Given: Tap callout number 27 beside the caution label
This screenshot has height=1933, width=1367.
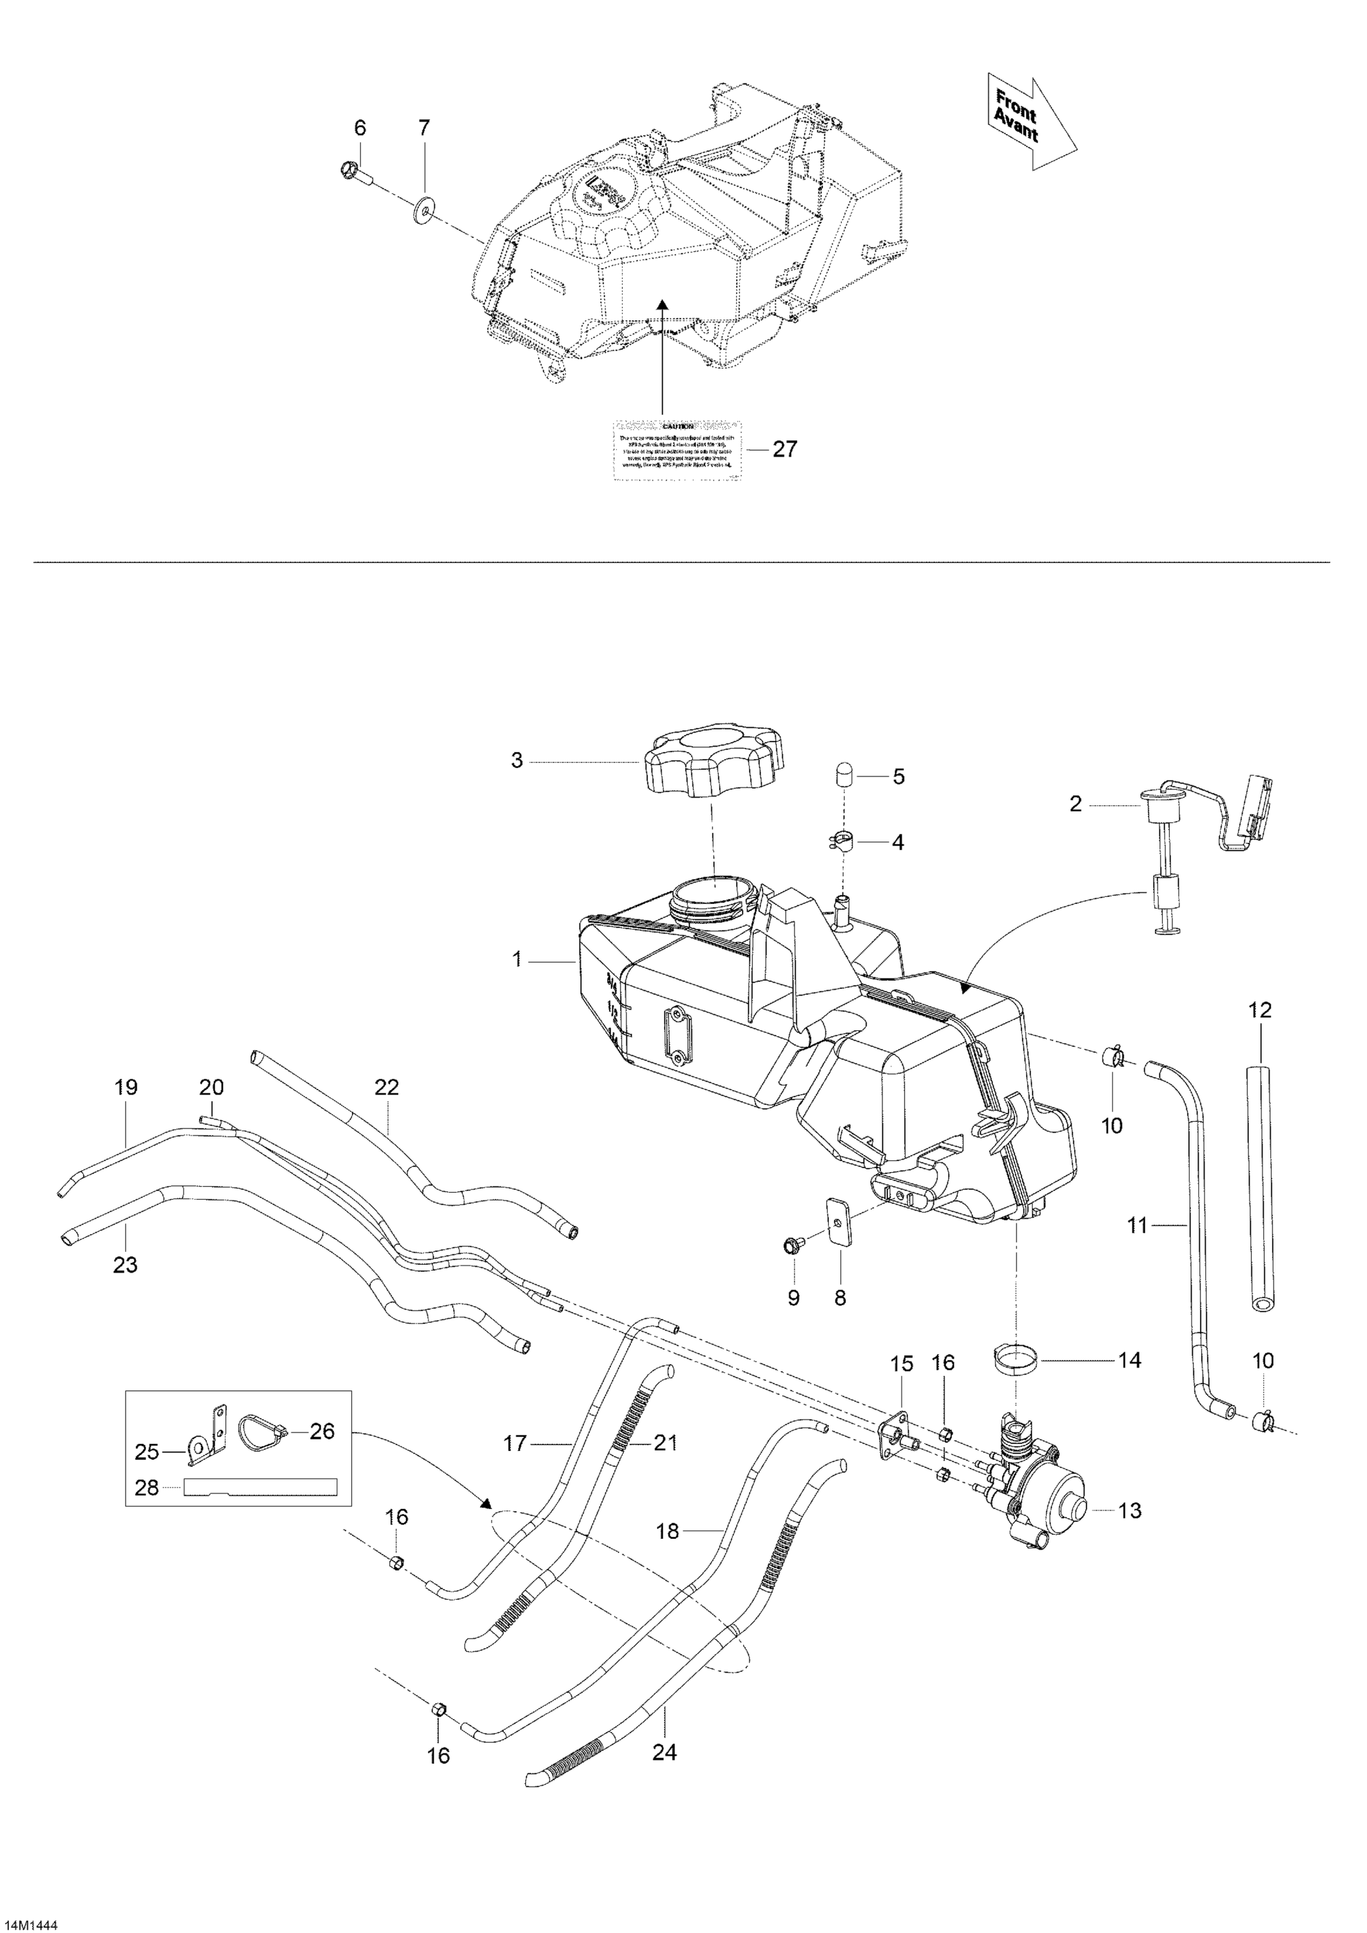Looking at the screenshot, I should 784,450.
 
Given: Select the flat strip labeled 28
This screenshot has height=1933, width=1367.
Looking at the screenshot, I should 260,1488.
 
